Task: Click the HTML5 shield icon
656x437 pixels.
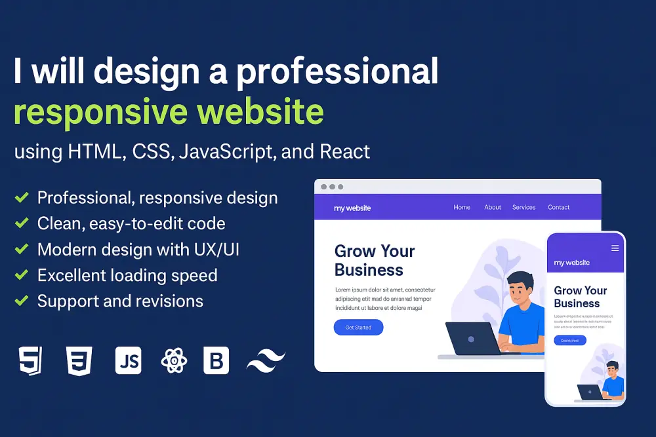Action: coord(31,361)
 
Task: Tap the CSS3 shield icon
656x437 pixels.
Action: coord(79,361)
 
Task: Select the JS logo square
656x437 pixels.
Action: coord(128,361)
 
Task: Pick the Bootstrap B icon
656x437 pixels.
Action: coord(216,361)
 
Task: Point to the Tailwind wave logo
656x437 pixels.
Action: coord(266,361)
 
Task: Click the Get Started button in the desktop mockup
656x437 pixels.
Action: coord(358,328)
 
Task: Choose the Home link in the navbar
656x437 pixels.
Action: coord(462,208)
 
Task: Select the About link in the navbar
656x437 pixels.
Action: coord(493,208)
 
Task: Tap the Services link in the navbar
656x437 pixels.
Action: coord(524,208)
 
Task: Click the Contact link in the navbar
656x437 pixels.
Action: coord(559,208)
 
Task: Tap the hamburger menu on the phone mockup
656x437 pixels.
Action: coord(615,248)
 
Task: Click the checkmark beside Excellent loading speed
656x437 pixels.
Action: coord(22,275)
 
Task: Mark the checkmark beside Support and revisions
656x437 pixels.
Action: coord(22,301)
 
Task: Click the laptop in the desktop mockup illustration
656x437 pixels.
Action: coord(471,339)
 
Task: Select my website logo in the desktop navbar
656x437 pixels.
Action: coord(352,208)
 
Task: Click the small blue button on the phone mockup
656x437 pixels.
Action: coord(570,340)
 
